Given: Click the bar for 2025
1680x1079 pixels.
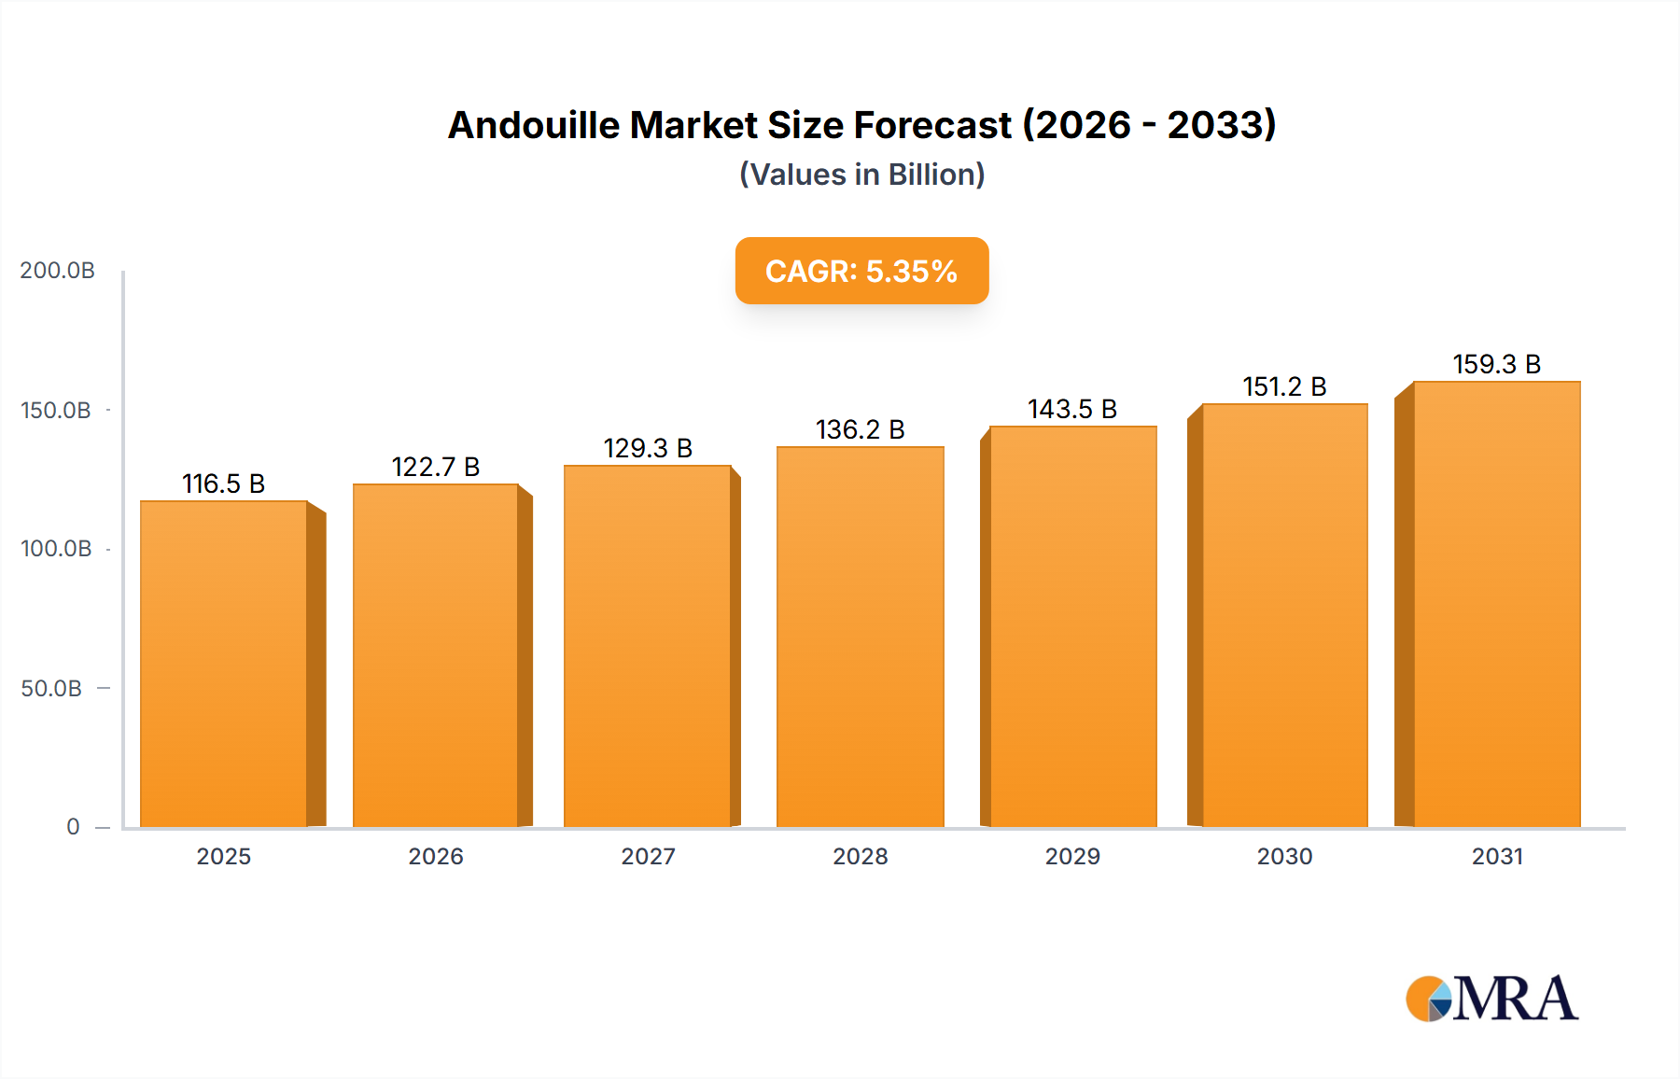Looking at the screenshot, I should coord(224,664).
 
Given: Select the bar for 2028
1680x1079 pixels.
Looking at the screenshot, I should coord(860,637).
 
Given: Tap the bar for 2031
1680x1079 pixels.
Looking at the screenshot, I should coord(1496,604).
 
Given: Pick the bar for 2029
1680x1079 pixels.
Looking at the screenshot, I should coord(1072,626).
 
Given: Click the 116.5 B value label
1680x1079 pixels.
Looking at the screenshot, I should coord(224,483).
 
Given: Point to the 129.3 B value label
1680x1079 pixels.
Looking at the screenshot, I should coord(648,448).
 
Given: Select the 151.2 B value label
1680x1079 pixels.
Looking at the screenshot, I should coord(1284,386).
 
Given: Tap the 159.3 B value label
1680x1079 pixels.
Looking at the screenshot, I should coord(1496,364).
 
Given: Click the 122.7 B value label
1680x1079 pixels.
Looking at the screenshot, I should coord(436,467).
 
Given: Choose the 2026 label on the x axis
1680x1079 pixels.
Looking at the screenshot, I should coord(436,856).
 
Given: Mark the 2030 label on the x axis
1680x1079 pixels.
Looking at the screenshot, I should coord(1284,856).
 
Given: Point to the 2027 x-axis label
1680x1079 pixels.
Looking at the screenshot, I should coord(648,856).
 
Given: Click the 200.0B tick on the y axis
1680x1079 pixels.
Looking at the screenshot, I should coord(57,271).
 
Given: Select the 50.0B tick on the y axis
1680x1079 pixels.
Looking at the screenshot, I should coord(51,689).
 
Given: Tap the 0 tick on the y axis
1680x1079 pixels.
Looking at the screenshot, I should coord(73,827).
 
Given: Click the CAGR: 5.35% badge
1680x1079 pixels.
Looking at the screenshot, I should coord(861,271).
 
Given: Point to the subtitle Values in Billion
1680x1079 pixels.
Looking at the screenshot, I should coord(861,175).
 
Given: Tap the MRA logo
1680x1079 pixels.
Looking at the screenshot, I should coord(1491,999).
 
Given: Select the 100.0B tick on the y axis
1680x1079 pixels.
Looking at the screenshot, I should coord(56,549).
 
